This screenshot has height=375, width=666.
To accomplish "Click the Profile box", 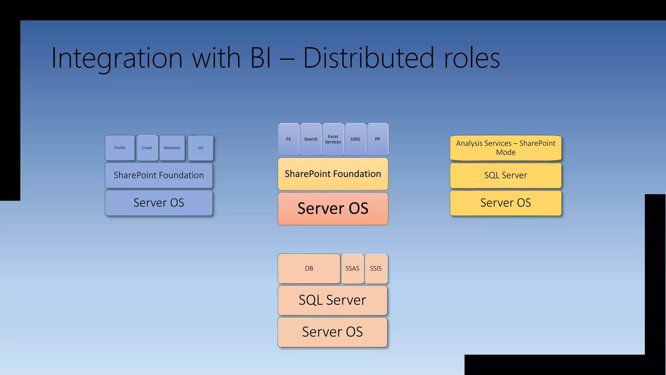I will (x=120, y=148).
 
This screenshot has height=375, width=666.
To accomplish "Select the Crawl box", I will (x=147, y=148).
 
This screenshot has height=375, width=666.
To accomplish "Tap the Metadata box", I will (x=172, y=148).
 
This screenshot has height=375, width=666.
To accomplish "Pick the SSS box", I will (x=201, y=148).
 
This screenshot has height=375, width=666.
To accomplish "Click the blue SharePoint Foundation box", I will (x=159, y=175).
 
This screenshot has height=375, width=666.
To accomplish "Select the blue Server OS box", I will (x=159, y=203).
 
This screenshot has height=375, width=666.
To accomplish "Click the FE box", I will (x=288, y=139).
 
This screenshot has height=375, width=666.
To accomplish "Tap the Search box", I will (x=311, y=139).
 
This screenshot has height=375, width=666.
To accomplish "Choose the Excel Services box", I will (x=333, y=139).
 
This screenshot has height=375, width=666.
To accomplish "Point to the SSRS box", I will (x=355, y=139).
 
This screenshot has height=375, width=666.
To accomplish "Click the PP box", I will (x=378, y=139).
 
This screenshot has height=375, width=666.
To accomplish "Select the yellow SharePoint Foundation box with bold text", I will (x=333, y=174).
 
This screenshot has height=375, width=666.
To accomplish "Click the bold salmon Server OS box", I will (x=333, y=208).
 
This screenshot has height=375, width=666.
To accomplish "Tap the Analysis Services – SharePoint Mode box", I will (x=506, y=148).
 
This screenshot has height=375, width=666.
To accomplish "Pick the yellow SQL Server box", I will (x=506, y=175).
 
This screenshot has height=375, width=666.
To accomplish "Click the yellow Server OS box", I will (x=506, y=203).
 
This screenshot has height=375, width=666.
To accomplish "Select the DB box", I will (x=309, y=269).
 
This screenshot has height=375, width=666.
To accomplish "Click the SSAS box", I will (x=352, y=269).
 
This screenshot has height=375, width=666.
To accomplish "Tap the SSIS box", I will (x=376, y=269).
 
